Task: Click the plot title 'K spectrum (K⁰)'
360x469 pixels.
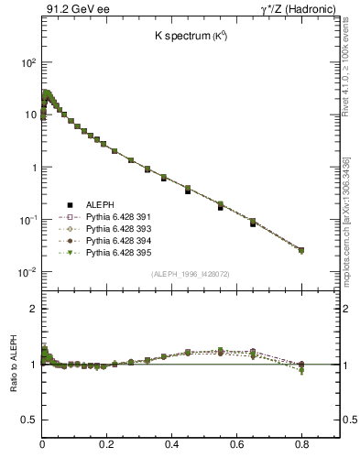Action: pyautogui.click(x=191, y=36)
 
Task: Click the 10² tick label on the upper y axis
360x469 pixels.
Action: pyautogui.click(x=28, y=63)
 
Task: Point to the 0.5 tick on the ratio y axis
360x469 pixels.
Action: pyautogui.click(x=29, y=420)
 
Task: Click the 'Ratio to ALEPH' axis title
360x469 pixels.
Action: pyautogui.click(x=13, y=364)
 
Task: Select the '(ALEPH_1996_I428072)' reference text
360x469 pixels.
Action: pyautogui.click(x=191, y=275)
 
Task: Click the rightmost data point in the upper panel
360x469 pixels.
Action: pyautogui.click(x=301, y=250)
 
